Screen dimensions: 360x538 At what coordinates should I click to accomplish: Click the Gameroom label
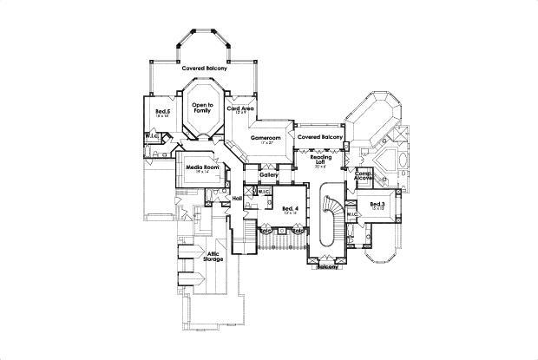click(x=266, y=137)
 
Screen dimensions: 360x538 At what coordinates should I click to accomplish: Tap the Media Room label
click(x=201, y=167)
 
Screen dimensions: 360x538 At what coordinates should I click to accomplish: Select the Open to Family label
click(x=201, y=107)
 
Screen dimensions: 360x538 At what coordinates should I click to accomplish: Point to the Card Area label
click(x=240, y=108)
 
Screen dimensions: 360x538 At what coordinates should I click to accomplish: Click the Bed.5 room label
click(x=162, y=111)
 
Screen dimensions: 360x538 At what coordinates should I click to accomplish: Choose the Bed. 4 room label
click(x=291, y=208)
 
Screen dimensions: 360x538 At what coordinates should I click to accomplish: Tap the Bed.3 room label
click(x=377, y=204)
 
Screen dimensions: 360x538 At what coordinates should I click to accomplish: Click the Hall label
click(x=236, y=199)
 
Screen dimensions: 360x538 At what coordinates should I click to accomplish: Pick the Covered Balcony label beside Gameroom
click(x=320, y=137)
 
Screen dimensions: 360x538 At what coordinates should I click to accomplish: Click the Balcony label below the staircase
click(x=327, y=267)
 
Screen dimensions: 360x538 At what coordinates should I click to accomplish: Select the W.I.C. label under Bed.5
click(x=152, y=135)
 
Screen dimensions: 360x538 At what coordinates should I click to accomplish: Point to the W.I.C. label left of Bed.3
click(x=353, y=213)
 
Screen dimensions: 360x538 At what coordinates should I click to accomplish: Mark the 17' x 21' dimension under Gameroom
click(x=266, y=143)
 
